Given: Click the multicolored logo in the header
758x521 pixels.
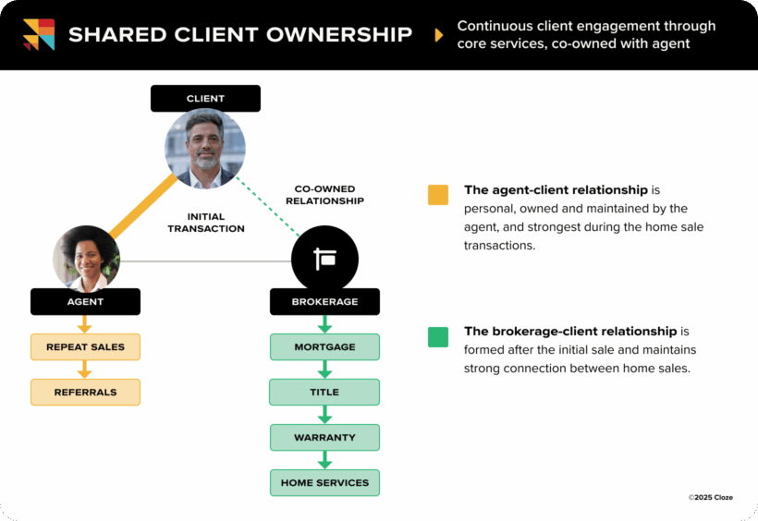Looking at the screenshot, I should (39, 34).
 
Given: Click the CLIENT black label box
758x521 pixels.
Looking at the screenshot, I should (205, 99).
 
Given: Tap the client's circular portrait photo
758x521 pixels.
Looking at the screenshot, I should (205, 149).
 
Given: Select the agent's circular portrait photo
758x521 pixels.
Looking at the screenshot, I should (86, 259).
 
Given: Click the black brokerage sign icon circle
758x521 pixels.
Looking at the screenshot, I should (324, 259).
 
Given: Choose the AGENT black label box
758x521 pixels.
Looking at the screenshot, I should (85, 301).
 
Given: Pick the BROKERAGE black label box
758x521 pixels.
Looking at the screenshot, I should (324, 301).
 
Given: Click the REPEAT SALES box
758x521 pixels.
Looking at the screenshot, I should (85, 347).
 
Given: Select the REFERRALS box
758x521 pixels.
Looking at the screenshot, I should (85, 392).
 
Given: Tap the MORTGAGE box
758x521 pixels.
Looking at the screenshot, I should (324, 347).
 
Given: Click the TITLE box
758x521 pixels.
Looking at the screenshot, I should (324, 392).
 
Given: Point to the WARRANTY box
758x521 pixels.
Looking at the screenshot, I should (324, 437).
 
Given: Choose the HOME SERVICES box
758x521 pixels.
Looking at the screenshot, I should (324, 482).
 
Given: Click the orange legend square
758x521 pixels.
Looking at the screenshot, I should (438, 195).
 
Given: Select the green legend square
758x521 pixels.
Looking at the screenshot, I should (438, 336).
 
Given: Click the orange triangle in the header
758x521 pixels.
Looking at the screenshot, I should (438, 36).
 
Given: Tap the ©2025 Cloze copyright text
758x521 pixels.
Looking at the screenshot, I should (710, 497).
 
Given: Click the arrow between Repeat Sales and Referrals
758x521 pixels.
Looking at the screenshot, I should (85, 370).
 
